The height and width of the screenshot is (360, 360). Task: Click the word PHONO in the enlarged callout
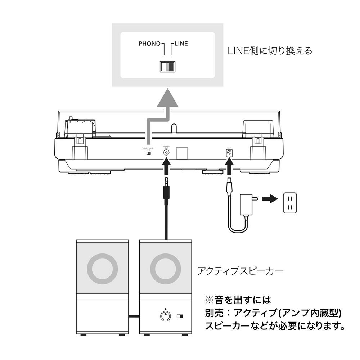[149, 44]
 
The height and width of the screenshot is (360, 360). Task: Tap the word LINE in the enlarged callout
[181, 44]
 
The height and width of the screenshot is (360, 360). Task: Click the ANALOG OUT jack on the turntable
[166, 152]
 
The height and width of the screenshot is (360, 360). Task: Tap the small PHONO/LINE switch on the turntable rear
[148, 153]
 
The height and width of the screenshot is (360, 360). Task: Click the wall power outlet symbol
[291, 202]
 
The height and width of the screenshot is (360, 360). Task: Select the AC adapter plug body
[248, 204]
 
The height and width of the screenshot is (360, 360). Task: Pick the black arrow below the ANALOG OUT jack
[166, 168]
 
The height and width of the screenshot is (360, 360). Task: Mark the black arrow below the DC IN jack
[229, 168]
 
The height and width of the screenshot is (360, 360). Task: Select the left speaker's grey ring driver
[103, 269]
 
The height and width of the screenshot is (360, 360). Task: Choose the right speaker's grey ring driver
[166, 269]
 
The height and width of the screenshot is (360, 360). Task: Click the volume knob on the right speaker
[165, 316]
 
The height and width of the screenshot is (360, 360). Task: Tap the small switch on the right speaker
[180, 317]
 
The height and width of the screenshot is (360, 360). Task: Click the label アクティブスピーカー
[240, 271]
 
